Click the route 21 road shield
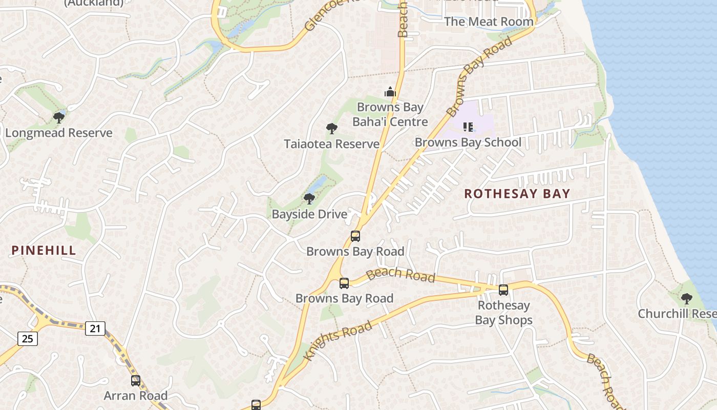click(95, 328)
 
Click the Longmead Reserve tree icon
click(59, 118)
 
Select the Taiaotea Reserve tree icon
click(332, 129)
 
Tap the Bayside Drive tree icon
click(309, 198)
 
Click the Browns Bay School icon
click(468, 127)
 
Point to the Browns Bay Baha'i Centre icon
click(390, 92)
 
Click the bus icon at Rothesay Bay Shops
click(503, 290)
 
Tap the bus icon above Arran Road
click(136, 380)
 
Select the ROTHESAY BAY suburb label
click(517, 194)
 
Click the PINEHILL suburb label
click(44, 250)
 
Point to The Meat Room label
click(489, 22)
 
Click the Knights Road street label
click(338, 341)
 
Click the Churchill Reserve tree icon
click(687, 298)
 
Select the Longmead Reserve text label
click(58, 133)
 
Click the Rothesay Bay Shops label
click(503, 313)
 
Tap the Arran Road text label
click(135, 396)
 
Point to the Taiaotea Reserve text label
click(332, 144)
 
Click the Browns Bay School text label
click(468, 142)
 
